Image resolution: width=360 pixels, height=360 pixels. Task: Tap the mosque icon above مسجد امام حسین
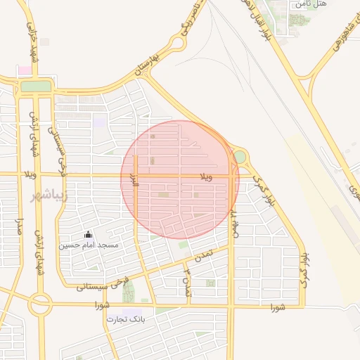tap(88, 235)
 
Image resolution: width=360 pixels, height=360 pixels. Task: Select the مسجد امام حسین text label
tap(88, 245)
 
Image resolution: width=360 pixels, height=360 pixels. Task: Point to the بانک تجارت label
tap(125, 319)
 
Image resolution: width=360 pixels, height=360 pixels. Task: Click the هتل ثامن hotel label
tap(311, 4)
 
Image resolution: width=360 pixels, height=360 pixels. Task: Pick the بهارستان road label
tap(159, 65)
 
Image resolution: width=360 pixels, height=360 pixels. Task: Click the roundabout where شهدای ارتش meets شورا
tap(40, 305)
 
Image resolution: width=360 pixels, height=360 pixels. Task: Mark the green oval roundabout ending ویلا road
tap(240, 156)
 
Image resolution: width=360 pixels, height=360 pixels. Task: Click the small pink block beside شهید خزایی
tap(25, 71)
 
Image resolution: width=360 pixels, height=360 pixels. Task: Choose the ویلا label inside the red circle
tap(205, 174)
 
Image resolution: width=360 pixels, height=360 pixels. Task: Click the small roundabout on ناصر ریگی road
tap(179, 43)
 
